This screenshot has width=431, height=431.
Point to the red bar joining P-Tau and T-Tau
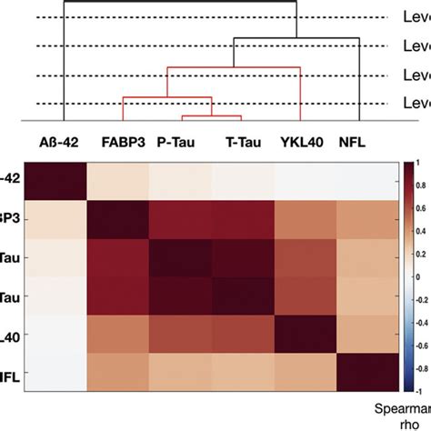point(212,115)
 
